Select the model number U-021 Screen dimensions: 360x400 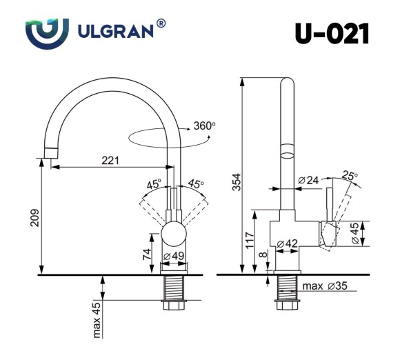click(x=332, y=32)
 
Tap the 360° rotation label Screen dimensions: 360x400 click(x=205, y=126)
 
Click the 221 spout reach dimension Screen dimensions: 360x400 click(x=110, y=160)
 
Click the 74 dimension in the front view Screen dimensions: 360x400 click(x=147, y=253)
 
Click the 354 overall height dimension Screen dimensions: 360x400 click(x=237, y=181)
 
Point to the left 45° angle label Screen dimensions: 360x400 click(x=153, y=184)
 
